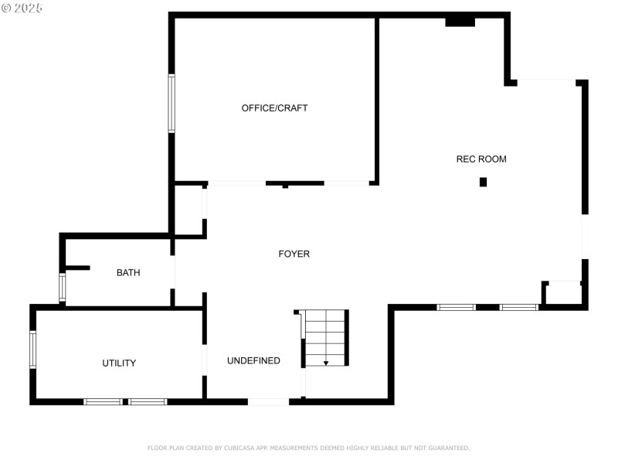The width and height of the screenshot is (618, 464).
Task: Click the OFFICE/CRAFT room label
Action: pyautogui.click(x=274, y=108)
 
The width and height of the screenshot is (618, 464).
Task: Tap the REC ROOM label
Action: pyautogui.click(x=481, y=159)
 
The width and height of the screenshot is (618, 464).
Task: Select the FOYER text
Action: pyautogui.click(x=294, y=254)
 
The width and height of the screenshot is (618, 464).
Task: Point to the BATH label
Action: pyautogui.click(x=128, y=272)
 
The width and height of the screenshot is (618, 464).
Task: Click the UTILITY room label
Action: pyautogui.click(x=119, y=363)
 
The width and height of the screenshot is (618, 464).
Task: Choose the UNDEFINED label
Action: pyautogui.click(x=253, y=361)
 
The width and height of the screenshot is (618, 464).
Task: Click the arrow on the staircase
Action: pyautogui.click(x=326, y=362)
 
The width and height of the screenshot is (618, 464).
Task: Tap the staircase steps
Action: pyautogui.click(x=325, y=336)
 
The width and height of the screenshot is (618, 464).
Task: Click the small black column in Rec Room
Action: pyautogui.click(x=484, y=183)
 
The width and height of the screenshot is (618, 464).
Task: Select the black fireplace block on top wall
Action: pyautogui.click(x=460, y=22)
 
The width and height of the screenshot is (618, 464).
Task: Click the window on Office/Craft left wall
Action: pyautogui.click(x=171, y=103)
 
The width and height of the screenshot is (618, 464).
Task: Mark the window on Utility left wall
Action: pyautogui.click(x=32, y=349)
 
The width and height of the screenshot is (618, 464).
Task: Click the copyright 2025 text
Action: pyautogui.click(x=22, y=8)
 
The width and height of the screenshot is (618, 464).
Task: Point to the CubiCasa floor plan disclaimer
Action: pyautogui.click(x=308, y=448)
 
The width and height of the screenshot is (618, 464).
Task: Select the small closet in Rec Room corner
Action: pyautogui.click(x=563, y=294)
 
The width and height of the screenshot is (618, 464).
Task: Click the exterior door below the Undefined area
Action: pyautogui.click(x=268, y=401)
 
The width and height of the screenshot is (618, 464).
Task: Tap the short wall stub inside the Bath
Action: pyautogui.click(x=77, y=268)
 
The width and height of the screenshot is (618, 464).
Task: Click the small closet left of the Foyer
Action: pyautogui.click(x=189, y=210)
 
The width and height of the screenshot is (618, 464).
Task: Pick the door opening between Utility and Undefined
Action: pyautogui.click(x=204, y=360)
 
